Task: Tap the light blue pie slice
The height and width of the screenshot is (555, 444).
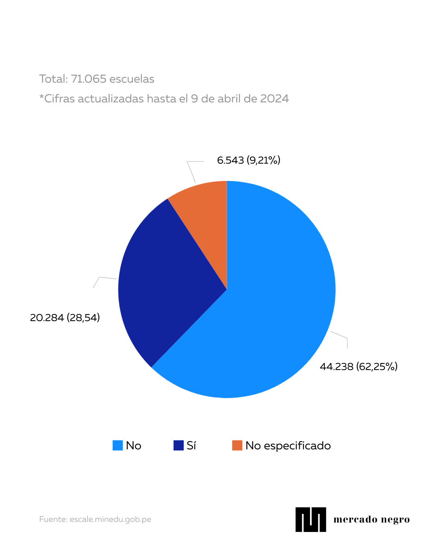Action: [x=271, y=312]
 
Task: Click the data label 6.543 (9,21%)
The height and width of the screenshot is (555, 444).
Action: [x=248, y=160]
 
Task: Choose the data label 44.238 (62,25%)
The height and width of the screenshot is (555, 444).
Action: [x=358, y=366]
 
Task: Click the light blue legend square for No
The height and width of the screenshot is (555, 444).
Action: [x=118, y=446]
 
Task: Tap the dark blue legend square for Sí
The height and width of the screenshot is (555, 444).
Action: [x=178, y=446]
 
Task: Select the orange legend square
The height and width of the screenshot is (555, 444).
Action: [x=237, y=446]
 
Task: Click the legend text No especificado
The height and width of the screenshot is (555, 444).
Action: [x=288, y=446]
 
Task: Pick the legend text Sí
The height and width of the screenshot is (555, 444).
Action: [x=191, y=446]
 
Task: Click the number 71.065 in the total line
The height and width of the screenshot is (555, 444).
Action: [x=88, y=79]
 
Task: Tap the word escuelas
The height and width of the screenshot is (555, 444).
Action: [x=132, y=79]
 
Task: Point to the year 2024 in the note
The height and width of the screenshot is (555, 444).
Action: [x=275, y=99]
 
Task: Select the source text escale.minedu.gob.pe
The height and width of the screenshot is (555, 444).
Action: [x=110, y=519]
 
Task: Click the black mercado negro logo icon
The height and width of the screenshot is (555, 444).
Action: [x=311, y=520]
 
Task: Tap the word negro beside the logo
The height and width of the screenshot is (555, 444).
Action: [x=395, y=520]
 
